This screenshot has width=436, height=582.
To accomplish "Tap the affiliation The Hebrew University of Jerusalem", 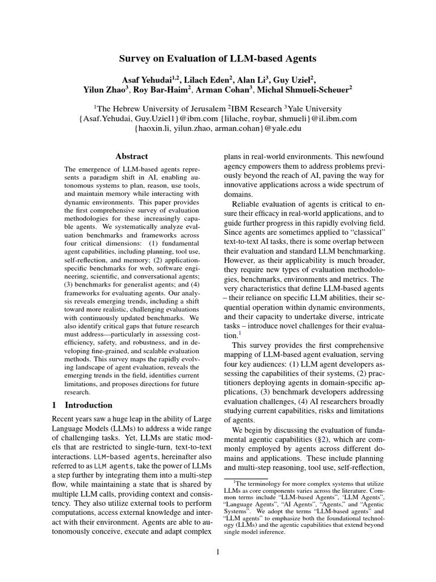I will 161,108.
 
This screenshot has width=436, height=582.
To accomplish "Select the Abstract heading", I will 132,156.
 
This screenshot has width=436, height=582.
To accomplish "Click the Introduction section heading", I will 89,405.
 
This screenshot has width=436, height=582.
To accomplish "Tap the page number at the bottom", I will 218,552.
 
